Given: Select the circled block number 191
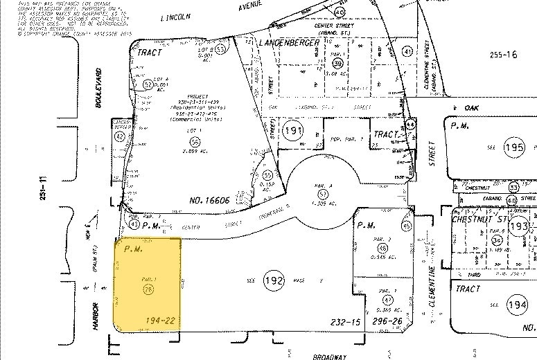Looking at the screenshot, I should [292, 129].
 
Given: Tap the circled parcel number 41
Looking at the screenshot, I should [407, 51].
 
